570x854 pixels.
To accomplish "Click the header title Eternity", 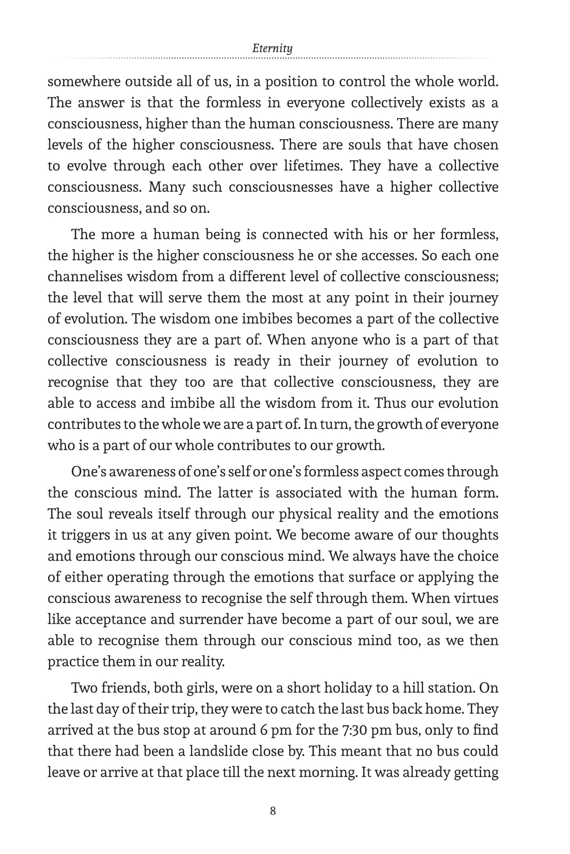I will (x=273, y=48).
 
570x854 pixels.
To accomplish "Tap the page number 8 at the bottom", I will (x=273, y=811).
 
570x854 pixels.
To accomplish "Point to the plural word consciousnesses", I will (x=281, y=187).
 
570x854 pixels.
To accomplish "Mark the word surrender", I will (x=202, y=620).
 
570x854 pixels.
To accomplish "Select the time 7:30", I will (x=354, y=730).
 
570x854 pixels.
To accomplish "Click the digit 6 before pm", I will (x=264, y=730).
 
